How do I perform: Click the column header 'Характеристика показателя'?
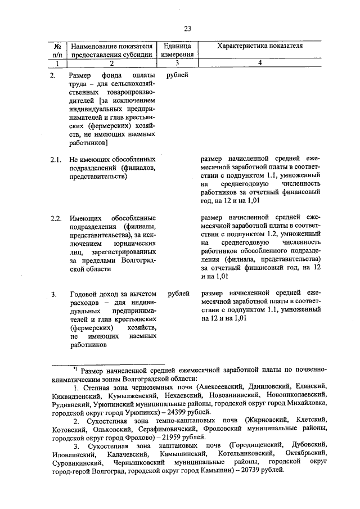tap(260, 45)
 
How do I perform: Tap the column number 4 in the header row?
tap(260, 64)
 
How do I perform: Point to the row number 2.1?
tap(55, 159)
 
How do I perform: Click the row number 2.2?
tap(55, 218)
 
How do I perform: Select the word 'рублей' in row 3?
tap(178, 294)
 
